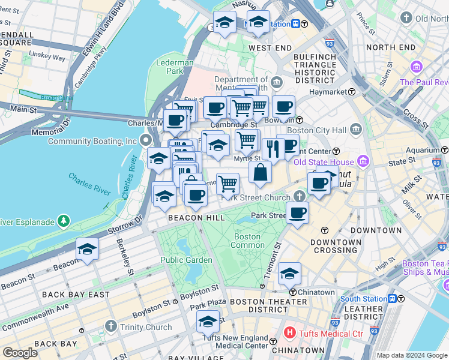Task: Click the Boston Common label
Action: (x=247, y=241)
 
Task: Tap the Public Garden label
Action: (x=186, y=260)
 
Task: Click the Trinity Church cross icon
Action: (x=110, y=326)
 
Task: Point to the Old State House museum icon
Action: (x=362, y=161)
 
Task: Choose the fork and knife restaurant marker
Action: (x=273, y=148)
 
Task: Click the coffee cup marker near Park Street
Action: (x=297, y=212)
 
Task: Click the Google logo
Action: (x=20, y=352)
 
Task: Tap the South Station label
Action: (x=363, y=299)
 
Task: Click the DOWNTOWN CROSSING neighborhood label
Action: (x=336, y=246)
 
